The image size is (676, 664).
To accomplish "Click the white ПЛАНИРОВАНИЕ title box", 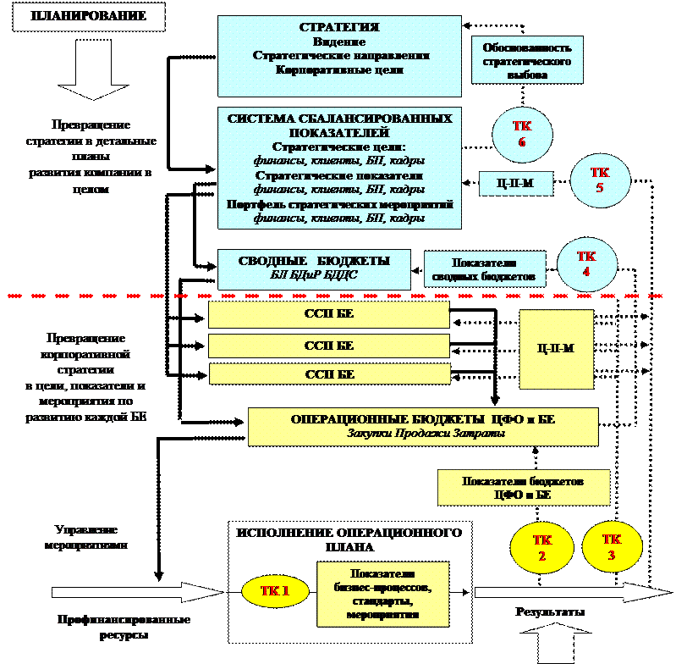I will coord(88,17).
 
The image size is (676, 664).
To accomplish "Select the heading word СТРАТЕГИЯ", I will coord(339,28).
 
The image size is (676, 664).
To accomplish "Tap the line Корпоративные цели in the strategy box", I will coord(339,70).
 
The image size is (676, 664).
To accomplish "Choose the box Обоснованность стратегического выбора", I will coord(527,61).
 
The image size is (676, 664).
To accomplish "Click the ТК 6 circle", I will coord(522,134).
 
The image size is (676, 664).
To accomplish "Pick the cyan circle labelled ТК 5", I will coord(600,180).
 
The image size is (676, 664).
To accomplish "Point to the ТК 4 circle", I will coord(586,263).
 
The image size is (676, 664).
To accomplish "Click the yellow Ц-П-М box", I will coord(556,348).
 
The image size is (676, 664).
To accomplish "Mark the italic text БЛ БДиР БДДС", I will coord(314,275).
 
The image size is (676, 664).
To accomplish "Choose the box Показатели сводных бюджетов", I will coord(484,269).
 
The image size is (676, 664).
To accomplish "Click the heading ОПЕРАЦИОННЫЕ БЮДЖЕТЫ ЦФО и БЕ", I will coord(422,419).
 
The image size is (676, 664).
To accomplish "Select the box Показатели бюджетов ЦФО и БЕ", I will coord(523,488).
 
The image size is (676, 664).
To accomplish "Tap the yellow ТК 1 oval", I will coord(275,591).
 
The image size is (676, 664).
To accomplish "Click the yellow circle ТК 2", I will coord(542,547).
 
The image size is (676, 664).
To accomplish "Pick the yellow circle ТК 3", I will coord(612,546).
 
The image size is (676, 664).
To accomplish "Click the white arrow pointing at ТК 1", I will coord(135,592).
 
